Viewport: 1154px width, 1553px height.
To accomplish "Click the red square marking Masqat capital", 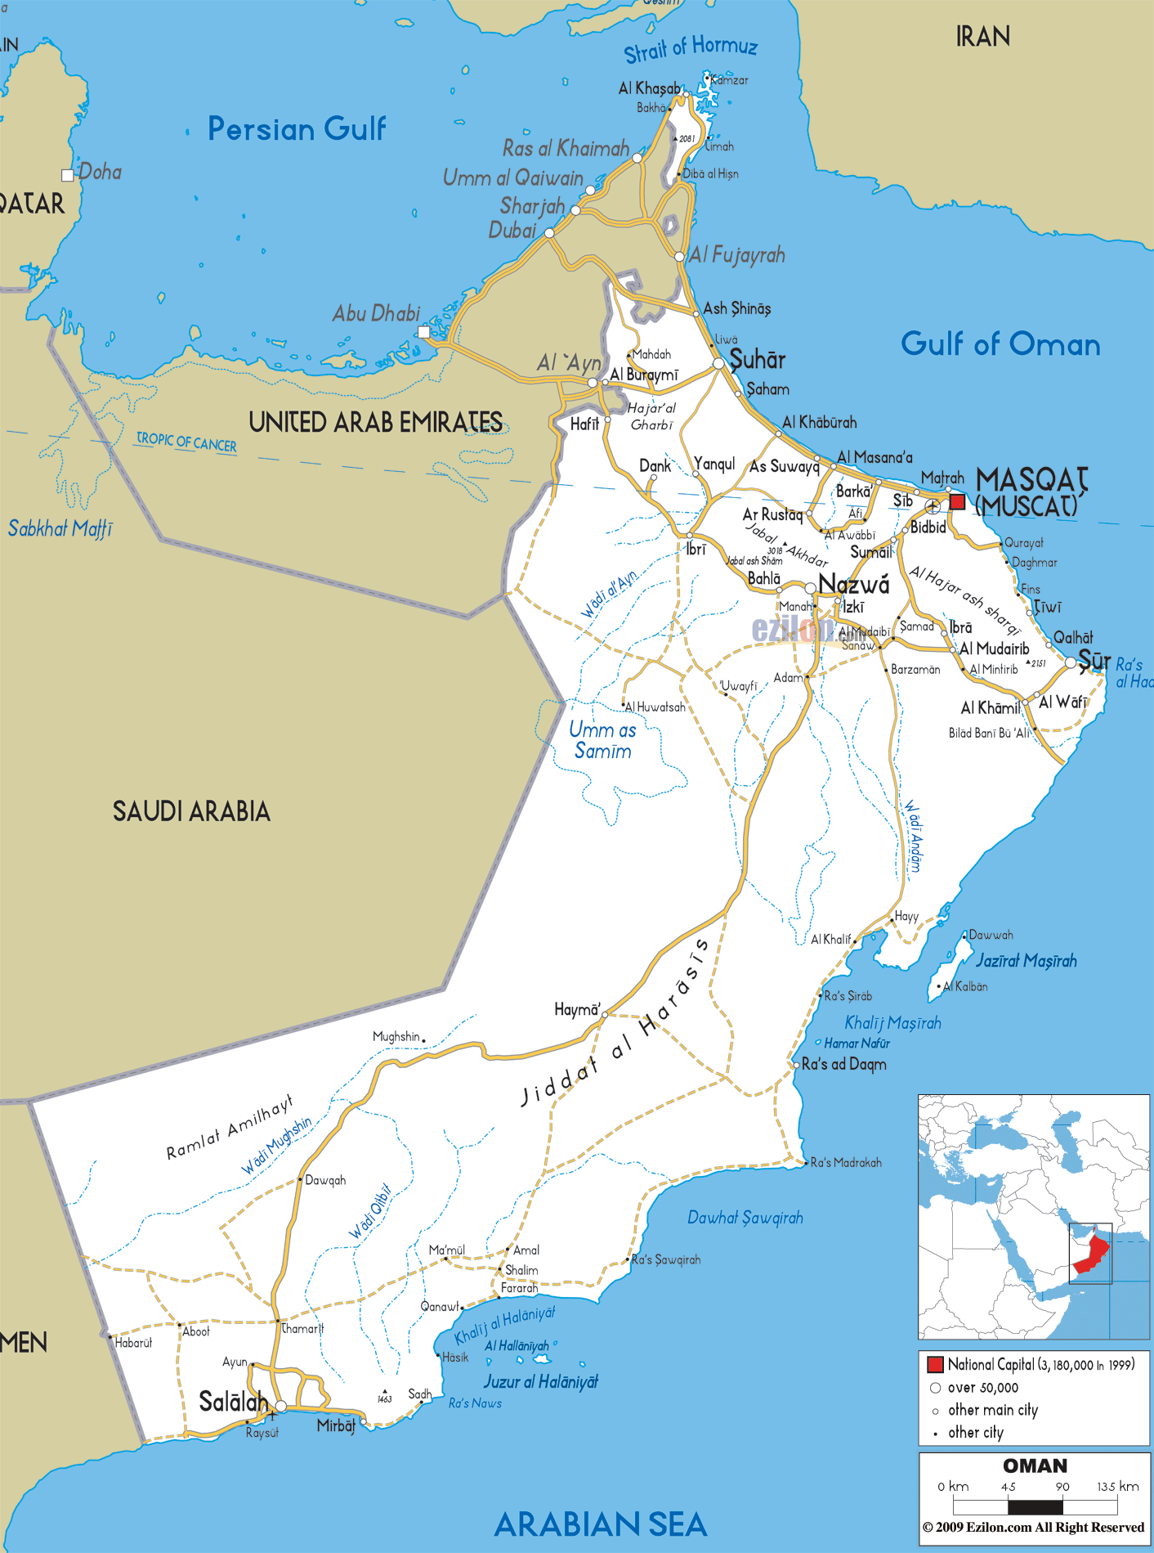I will tap(957, 501).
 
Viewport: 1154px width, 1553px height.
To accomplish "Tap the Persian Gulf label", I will tap(296, 129).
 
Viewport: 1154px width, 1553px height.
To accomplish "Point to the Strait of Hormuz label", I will tap(691, 48).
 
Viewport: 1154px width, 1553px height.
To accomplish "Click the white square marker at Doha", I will tap(68, 175).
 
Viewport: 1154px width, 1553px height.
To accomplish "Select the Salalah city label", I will tap(234, 1402).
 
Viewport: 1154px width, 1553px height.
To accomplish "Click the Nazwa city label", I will tap(853, 584).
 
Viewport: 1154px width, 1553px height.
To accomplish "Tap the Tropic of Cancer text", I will tap(186, 442).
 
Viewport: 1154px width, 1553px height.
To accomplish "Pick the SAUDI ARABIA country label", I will tap(191, 811).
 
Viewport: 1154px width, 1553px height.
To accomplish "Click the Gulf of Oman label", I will tap(1000, 344).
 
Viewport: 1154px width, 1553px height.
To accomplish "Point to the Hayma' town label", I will tap(577, 1009).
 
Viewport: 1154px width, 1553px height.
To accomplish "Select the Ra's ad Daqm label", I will tap(843, 1064).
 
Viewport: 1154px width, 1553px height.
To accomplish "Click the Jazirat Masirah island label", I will tap(1026, 961).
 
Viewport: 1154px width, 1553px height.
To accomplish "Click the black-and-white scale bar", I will tap(1035, 1506).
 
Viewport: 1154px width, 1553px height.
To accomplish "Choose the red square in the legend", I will tap(935, 1364).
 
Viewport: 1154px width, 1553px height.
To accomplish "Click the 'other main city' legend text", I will tap(992, 1410).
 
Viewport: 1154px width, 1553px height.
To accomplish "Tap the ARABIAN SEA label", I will tap(601, 1525).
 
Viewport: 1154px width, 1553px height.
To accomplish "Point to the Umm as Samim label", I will tap(602, 740).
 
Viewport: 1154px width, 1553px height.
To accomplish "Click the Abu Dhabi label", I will tap(376, 313).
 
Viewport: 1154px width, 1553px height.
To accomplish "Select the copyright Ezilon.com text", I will tap(1033, 1528).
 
